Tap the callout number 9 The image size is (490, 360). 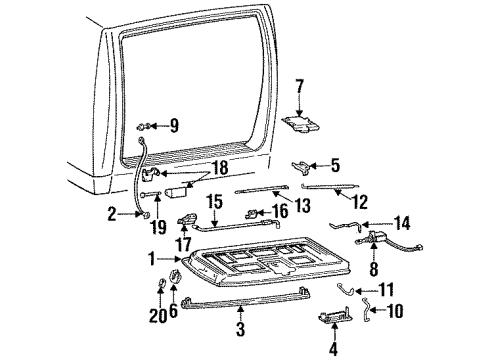(174, 126)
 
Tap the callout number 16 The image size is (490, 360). (281, 211)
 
